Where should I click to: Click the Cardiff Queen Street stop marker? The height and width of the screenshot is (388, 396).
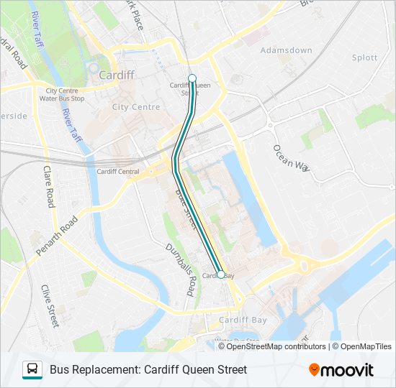192,78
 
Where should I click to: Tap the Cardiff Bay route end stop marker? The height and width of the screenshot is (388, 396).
220,283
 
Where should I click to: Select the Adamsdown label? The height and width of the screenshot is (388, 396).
287,50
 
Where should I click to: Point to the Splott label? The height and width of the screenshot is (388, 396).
364,57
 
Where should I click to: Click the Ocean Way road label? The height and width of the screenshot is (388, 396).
291,157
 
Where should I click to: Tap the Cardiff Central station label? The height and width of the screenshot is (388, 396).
117,172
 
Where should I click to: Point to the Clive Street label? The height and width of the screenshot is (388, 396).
50,306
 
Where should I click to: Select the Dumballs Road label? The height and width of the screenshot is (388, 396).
181,269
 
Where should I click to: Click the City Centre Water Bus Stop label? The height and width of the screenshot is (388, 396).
62,95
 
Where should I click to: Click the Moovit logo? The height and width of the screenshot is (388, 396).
341,370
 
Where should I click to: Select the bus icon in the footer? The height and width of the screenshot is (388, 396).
32,369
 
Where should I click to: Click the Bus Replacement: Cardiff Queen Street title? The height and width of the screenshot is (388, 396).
148,369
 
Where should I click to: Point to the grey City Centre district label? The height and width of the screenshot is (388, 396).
136,107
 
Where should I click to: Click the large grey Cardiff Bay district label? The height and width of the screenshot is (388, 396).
243,320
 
